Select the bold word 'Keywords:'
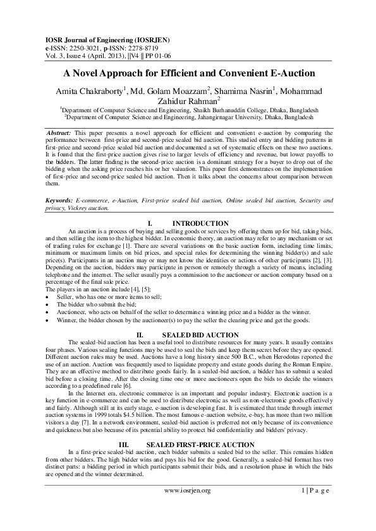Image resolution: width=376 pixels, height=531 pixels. tap(60, 200)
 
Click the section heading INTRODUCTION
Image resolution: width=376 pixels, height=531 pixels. tap(200, 224)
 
